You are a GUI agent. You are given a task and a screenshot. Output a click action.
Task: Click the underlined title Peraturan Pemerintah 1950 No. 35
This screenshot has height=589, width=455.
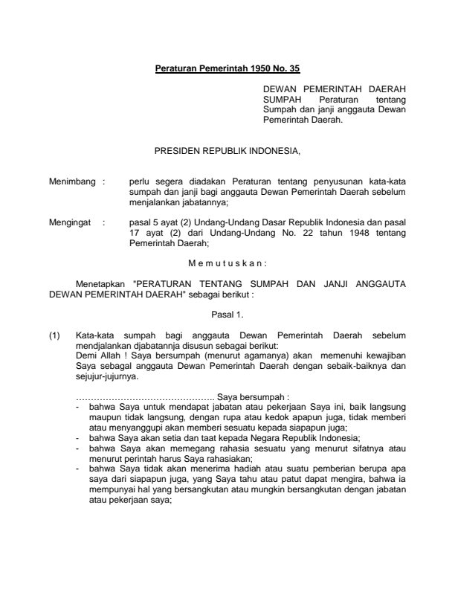coord(227,70)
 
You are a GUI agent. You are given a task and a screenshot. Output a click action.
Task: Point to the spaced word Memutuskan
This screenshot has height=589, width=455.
coord(227,262)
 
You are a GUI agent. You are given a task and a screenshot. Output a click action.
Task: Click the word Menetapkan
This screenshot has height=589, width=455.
coord(101,283)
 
